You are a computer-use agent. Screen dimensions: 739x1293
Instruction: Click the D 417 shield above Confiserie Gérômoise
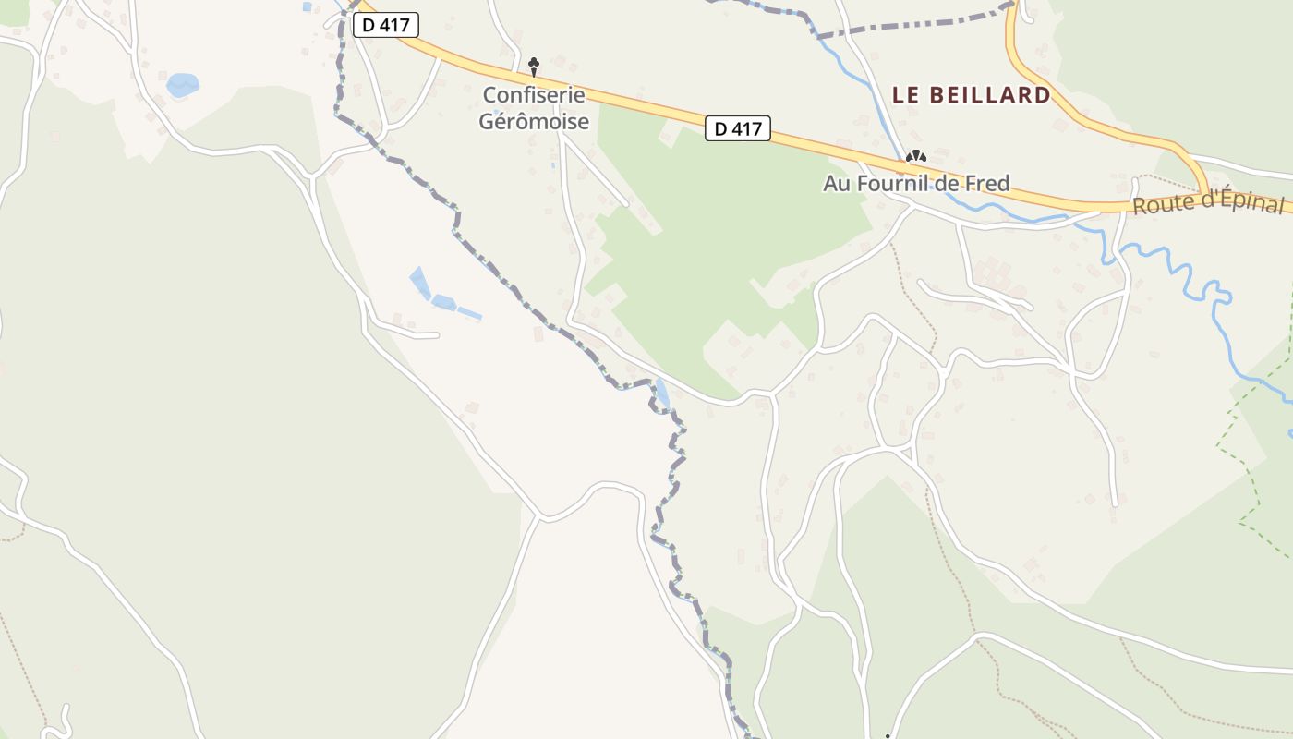point(386,26)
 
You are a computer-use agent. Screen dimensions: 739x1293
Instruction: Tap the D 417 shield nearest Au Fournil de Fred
point(738,128)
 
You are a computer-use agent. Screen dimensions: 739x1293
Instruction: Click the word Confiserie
point(534,95)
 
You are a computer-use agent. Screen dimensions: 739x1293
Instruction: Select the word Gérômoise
point(534,121)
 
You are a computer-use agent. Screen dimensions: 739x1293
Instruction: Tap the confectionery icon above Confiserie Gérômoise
point(533,65)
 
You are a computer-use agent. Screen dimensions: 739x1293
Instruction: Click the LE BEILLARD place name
point(971,95)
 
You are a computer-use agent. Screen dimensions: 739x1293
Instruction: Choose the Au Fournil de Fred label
point(916,184)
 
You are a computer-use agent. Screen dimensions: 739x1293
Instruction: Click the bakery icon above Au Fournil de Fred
point(915,158)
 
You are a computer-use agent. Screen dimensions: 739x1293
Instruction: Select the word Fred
point(987,184)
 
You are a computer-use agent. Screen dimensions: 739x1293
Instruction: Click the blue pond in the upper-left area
point(182,86)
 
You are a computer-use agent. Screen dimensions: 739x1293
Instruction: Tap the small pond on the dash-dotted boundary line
point(662,394)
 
